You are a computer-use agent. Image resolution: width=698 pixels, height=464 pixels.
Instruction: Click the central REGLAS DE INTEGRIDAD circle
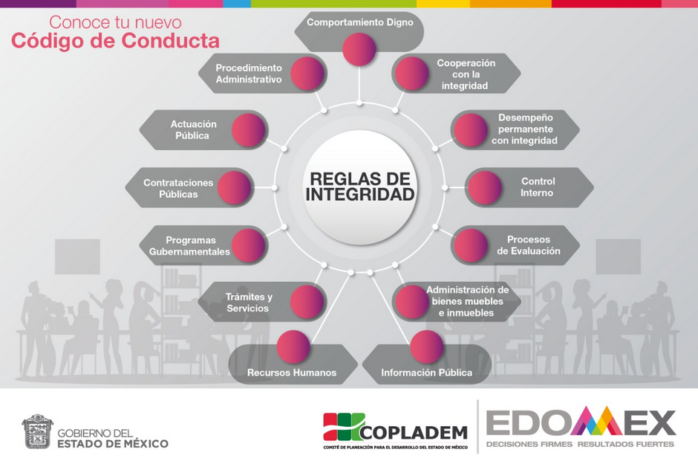(x=360, y=187)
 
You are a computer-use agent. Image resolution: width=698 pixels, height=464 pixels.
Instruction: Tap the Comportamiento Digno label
(x=359, y=22)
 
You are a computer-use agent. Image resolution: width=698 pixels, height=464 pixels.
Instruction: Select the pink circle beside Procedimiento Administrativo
(x=307, y=74)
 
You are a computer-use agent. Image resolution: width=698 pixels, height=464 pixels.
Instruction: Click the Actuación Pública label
(x=193, y=130)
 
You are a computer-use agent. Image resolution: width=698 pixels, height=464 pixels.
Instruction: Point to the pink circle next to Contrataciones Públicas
(x=235, y=188)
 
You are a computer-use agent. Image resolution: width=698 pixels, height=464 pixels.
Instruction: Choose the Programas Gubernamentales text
(x=191, y=246)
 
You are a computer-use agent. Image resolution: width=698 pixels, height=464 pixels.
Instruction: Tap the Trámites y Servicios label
(x=249, y=302)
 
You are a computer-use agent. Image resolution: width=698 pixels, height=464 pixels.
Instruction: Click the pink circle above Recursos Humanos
(x=293, y=346)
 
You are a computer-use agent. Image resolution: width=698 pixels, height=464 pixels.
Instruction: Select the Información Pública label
(x=426, y=373)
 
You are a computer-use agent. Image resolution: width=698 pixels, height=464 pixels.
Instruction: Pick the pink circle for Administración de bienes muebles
(x=411, y=301)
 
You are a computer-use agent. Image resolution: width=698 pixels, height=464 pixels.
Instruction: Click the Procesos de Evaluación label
(x=529, y=245)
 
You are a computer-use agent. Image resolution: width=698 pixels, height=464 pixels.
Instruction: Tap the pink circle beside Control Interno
(x=485, y=188)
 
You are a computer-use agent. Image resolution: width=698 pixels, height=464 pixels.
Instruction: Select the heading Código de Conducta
(x=115, y=41)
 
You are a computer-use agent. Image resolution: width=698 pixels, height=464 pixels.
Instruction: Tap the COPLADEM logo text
(x=413, y=432)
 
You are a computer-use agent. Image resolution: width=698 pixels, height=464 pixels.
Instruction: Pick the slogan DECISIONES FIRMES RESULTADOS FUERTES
(x=580, y=445)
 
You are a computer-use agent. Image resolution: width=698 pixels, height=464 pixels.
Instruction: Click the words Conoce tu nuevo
(x=115, y=22)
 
